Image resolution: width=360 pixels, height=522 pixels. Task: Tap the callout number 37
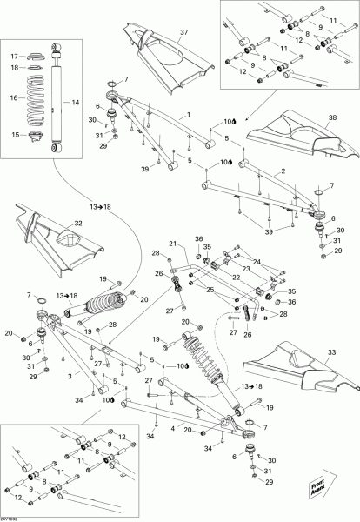183,32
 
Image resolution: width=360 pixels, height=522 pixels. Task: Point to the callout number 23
247,270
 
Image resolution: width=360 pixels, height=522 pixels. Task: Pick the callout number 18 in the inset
15,67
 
